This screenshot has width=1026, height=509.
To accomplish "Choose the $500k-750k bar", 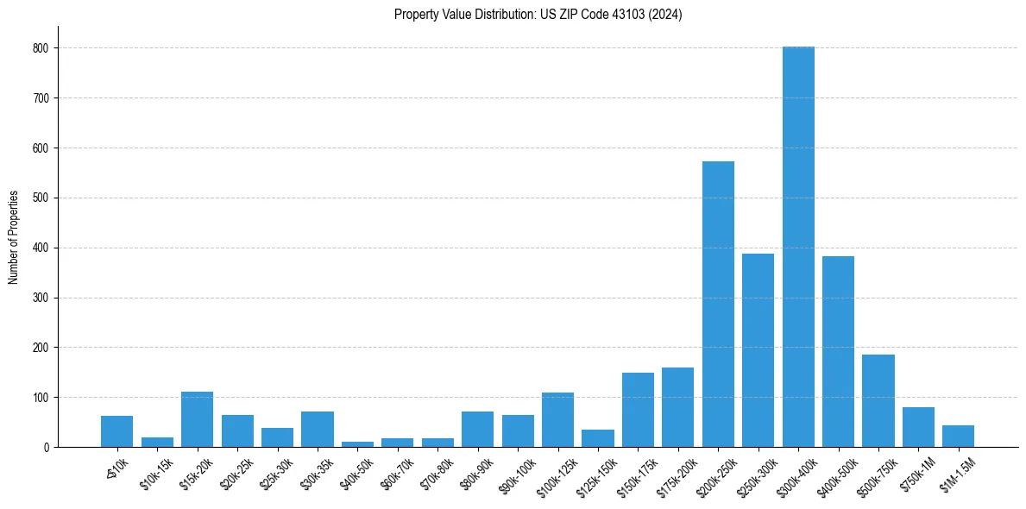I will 878,400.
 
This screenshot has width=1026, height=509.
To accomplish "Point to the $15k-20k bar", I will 197,419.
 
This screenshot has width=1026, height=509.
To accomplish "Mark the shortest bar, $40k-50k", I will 357,444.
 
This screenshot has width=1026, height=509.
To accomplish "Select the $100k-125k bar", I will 557,420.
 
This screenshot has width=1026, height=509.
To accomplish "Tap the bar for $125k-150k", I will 597,438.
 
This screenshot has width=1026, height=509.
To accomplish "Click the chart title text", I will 538,15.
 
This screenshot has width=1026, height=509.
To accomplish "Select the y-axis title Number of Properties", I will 14,237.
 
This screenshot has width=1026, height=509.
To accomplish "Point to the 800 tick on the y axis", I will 41,48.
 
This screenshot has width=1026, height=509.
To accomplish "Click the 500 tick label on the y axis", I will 41,198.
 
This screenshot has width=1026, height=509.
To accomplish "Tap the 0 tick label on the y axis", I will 47,448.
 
